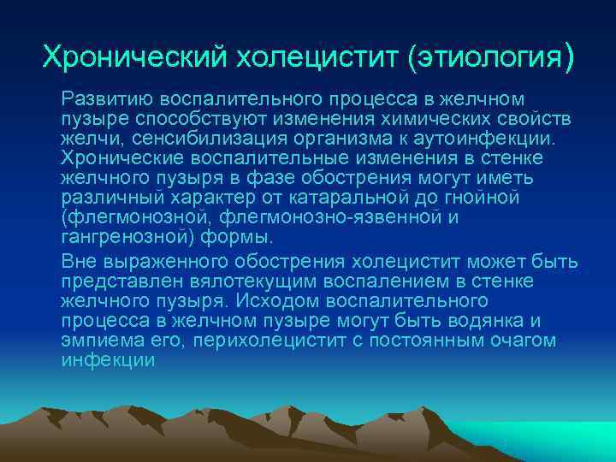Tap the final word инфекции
(108, 360)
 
